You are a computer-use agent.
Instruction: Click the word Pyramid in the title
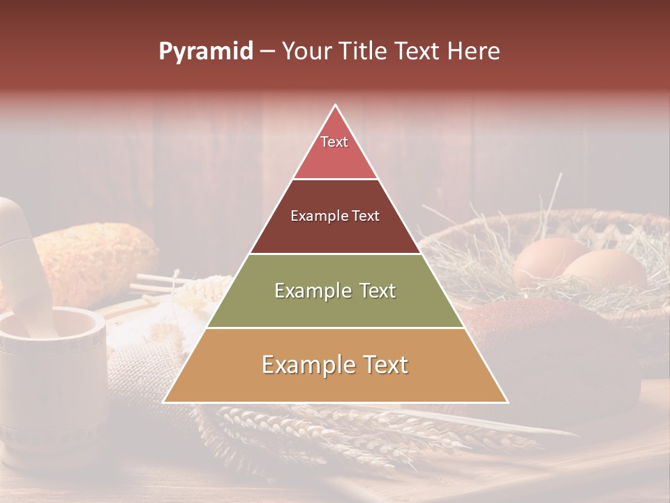pos(205,52)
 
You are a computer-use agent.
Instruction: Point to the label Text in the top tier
pos(334,142)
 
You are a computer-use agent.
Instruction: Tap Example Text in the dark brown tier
pos(335,216)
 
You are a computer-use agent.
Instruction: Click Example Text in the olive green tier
pos(335,291)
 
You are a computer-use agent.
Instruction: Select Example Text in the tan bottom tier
pos(335,365)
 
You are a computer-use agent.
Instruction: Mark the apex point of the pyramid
pos(336,106)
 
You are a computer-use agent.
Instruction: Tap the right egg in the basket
pos(604,269)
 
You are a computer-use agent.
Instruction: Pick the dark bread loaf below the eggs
pos(551,349)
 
